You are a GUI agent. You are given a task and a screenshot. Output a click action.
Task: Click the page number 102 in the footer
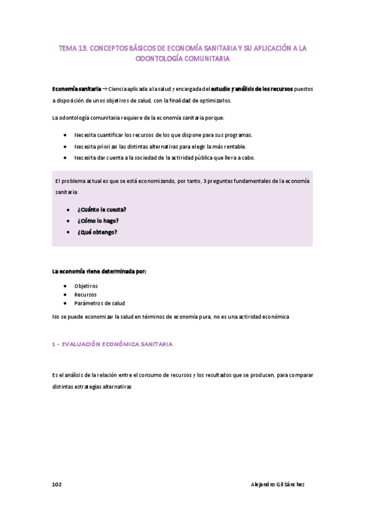(x=57, y=484)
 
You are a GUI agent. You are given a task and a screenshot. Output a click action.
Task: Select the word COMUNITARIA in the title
(x=204, y=59)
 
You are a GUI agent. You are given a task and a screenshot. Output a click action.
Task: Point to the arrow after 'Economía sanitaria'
(x=104, y=88)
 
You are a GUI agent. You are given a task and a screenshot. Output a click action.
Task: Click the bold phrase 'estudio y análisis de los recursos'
(x=252, y=88)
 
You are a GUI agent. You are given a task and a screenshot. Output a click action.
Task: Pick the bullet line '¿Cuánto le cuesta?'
(x=102, y=209)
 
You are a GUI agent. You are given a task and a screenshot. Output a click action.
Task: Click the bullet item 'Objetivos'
(x=86, y=285)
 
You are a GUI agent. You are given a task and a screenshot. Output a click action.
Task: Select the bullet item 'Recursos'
(x=85, y=294)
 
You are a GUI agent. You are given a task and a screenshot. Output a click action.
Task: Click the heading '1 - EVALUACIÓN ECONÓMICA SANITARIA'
(x=113, y=344)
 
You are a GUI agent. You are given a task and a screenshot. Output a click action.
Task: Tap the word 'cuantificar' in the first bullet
(x=116, y=135)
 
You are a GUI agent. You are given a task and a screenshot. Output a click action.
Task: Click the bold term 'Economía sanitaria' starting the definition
(x=76, y=88)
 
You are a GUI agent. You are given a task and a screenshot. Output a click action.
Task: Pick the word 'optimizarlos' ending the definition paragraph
(x=214, y=100)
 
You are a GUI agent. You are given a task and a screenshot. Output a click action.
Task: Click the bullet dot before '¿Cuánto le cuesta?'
(x=68, y=209)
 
